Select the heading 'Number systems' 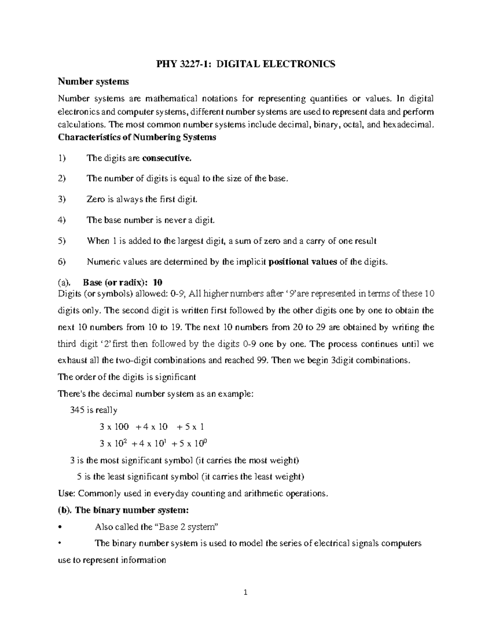(x=93, y=82)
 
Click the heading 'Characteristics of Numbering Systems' (x=137, y=137)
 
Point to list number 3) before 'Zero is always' (x=62, y=200)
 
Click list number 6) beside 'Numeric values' (x=62, y=263)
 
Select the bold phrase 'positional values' (x=302, y=263)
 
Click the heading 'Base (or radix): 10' (x=123, y=283)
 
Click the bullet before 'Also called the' (x=60, y=527)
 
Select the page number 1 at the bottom (x=246, y=592)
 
